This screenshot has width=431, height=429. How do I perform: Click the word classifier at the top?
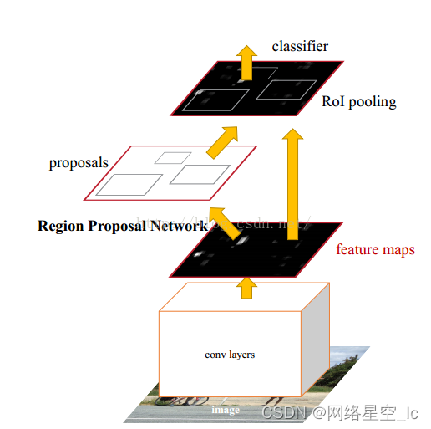[300, 46]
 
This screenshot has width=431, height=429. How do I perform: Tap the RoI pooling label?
[358, 102]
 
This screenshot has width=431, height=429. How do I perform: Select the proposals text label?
[79, 162]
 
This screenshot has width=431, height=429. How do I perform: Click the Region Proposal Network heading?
[123, 226]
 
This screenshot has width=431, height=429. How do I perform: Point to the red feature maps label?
[375, 249]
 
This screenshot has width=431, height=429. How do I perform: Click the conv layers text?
[230, 355]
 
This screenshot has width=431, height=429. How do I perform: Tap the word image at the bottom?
[226, 410]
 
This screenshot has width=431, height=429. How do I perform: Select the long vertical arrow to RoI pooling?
[292, 184]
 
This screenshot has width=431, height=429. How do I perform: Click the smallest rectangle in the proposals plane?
[173, 156]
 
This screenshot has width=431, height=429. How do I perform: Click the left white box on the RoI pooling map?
[215, 100]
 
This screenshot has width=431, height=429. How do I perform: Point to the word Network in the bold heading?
[180, 226]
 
